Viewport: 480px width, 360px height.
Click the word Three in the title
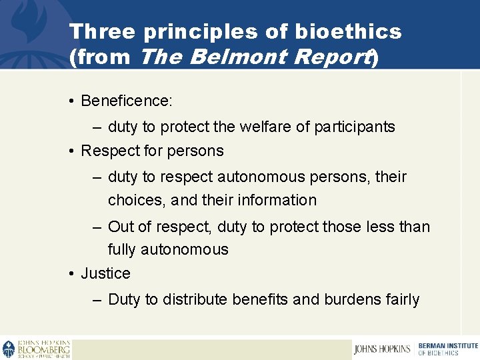coord(102,31)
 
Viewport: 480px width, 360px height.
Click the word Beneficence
coord(125,101)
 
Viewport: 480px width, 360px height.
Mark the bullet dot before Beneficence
coord(71,101)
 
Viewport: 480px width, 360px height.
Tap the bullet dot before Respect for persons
coord(71,151)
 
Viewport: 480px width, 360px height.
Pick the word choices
coord(136,200)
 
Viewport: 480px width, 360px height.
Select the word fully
coord(123,250)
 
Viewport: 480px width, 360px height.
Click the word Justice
coord(105,273)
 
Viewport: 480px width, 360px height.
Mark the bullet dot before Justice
coord(71,274)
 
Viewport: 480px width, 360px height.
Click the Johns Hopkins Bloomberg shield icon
coord(9,349)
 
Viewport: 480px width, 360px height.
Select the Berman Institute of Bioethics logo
coord(447,349)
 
